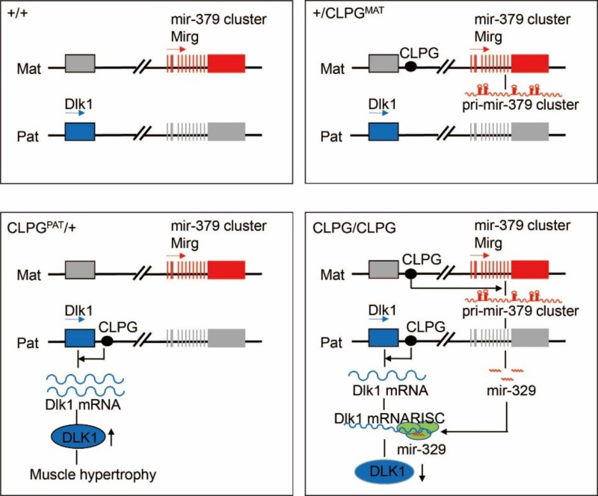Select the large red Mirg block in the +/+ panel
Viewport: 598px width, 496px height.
pos(226,63)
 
